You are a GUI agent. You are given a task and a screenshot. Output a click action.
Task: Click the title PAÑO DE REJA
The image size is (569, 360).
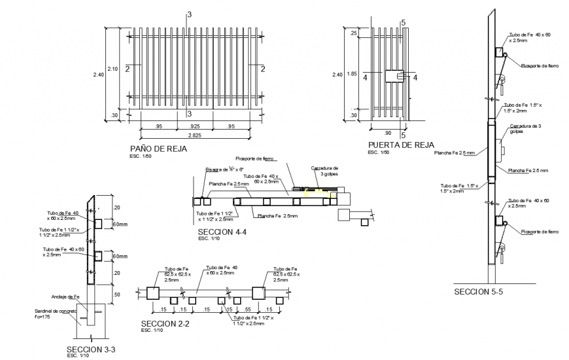click(x=158, y=149)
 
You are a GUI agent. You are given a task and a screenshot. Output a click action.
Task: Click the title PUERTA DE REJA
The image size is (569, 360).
click(x=400, y=145)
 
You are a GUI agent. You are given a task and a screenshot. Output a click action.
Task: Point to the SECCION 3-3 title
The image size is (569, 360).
click(x=92, y=349)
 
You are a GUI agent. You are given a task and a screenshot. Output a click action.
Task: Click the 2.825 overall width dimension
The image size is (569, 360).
click(x=195, y=135)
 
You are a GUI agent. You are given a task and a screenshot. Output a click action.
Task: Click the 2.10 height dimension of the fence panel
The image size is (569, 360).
click(x=112, y=69)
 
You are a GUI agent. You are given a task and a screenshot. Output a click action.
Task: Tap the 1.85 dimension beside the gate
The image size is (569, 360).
click(x=353, y=74)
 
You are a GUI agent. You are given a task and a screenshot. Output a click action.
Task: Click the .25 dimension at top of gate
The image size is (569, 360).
click(x=353, y=33)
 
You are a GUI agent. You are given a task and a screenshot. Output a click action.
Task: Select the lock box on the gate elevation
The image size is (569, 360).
click(x=395, y=77)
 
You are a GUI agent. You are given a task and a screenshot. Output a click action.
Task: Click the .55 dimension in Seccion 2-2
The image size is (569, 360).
click(x=248, y=309)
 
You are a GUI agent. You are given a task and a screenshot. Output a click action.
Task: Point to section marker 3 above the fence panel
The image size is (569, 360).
click(x=190, y=14)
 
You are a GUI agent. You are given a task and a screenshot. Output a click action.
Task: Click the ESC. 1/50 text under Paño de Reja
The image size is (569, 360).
click(x=141, y=157)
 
